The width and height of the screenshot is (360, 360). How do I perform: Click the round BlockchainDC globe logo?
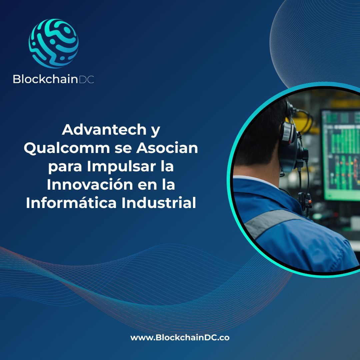(54, 43)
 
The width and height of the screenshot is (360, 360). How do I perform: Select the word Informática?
(71, 203)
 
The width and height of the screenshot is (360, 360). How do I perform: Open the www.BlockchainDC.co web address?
(180, 338)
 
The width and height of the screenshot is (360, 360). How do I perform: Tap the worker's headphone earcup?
(288, 135)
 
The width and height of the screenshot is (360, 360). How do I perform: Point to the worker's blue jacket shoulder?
(300, 240)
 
